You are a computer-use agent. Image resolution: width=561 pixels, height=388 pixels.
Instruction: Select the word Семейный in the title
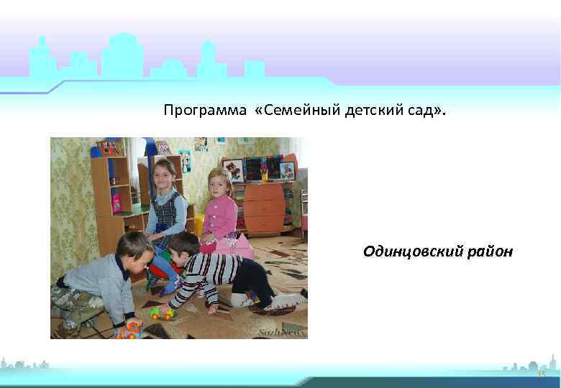[296, 111]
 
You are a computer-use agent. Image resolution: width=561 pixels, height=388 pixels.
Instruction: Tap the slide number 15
[542, 375]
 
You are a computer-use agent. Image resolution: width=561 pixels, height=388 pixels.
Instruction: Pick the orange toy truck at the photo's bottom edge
[129, 331]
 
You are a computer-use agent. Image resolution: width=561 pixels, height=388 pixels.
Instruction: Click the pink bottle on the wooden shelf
[116, 203]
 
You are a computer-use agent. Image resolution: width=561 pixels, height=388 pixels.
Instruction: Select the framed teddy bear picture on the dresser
[232, 170]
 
